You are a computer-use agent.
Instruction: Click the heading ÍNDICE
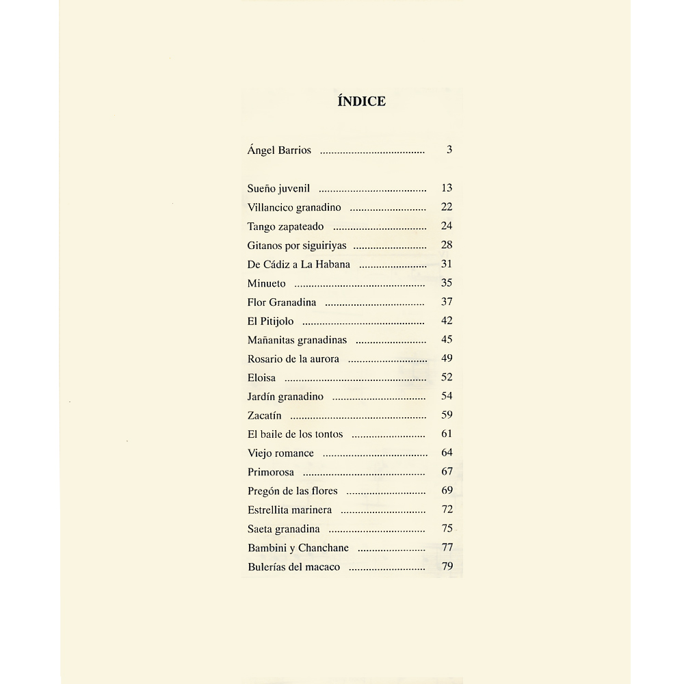[362, 101]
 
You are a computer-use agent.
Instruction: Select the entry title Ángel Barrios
[279, 150]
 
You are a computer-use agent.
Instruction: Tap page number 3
[449, 150]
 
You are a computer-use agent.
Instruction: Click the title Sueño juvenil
[278, 188]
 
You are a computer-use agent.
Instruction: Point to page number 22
[447, 207]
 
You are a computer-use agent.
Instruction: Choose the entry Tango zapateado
[285, 226]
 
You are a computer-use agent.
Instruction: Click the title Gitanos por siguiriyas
[297, 245]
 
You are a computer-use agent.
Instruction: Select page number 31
[447, 263]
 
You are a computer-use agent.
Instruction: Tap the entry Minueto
[267, 283]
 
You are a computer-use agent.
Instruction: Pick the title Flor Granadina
[282, 302]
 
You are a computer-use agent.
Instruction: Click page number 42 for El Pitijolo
[447, 320]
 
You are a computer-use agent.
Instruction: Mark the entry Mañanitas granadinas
[297, 339]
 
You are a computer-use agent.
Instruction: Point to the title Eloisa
[262, 378]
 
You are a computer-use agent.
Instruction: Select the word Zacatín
[264, 415]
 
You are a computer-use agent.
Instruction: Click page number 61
[447, 434]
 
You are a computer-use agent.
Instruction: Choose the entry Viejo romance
[280, 453]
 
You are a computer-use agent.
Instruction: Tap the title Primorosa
[271, 472]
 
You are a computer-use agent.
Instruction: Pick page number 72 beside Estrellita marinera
[447, 509]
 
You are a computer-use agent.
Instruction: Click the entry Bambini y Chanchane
[298, 548]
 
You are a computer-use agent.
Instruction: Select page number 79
[447, 566]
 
